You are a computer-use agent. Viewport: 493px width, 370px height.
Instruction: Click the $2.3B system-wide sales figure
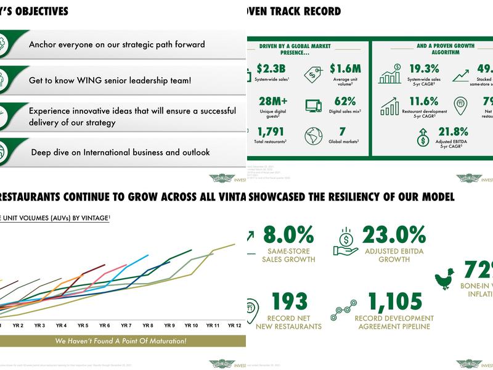pyautogui.click(x=271, y=68)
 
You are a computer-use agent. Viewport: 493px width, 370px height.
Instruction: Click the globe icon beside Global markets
pyautogui.click(x=314, y=136)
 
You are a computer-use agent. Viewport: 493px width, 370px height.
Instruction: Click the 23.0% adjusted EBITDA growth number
pyautogui.click(x=394, y=235)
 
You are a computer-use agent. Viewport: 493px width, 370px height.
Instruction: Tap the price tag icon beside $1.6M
pyautogui.click(x=314, y=74)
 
